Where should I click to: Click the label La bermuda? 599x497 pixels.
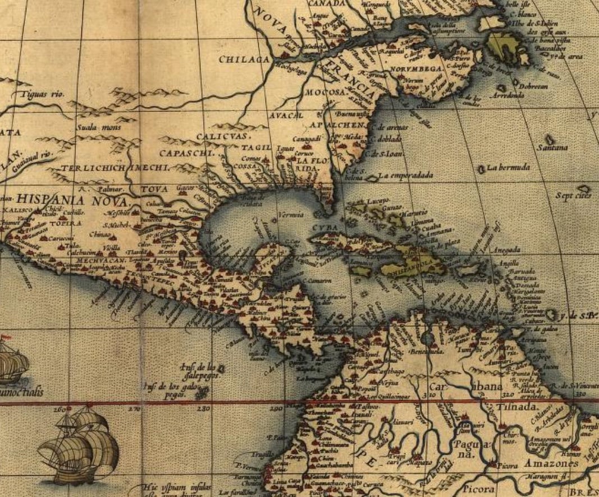(x=508, y=167)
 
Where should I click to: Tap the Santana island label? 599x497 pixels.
(x=552, y=148)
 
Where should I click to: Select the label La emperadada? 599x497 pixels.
(x=406, y=176)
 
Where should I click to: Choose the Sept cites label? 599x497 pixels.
(x=573, y=196)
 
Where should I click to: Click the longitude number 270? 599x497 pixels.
(x=135, y=409)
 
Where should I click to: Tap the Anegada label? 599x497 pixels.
(x=501, y=250)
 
